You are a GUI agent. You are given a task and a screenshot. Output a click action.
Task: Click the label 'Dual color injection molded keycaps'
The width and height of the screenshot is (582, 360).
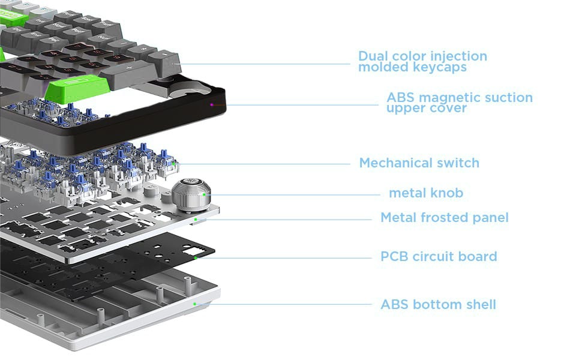pos(422,61)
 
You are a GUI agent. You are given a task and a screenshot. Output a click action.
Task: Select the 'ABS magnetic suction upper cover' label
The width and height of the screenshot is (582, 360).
pos(459,103)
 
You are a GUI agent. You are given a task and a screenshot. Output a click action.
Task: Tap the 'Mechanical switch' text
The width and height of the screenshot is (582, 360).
pos(419,163)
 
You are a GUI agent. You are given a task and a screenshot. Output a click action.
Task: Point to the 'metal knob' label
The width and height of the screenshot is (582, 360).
pos(426,193)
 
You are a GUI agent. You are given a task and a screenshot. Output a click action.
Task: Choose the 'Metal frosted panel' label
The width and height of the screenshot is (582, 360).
pos(444,218)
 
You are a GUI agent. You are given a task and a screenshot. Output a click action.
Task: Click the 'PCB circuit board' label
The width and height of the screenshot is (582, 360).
pos(439,257)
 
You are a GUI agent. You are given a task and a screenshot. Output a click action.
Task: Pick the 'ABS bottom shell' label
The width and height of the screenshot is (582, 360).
pos(438,305)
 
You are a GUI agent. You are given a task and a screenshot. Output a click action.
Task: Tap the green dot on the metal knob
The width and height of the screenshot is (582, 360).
pos(205,194)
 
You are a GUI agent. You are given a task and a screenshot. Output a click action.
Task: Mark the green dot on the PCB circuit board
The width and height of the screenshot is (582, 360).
pos(196,258)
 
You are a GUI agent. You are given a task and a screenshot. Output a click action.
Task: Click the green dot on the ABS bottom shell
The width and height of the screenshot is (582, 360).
pos(194,304)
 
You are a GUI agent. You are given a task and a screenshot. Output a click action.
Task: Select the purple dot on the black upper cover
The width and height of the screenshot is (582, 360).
pos(211,104)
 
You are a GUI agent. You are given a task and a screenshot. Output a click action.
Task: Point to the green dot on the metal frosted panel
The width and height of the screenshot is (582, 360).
pos(196,220)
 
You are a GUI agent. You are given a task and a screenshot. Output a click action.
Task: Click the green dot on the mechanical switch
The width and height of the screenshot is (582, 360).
pos(174,163)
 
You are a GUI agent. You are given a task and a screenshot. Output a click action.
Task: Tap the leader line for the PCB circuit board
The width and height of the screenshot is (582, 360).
pos(282,258)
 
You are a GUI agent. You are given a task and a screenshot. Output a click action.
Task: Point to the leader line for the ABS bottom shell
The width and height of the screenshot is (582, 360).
pos(282,304)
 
